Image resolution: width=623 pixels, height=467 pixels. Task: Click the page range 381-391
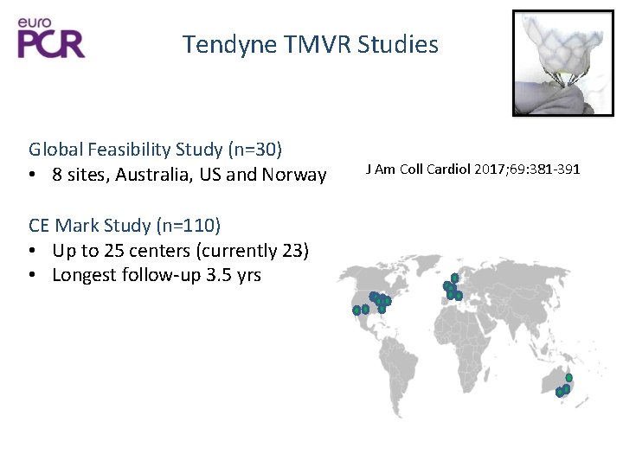(x=555, y=168)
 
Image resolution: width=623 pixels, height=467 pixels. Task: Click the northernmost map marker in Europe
(x=454, y=278)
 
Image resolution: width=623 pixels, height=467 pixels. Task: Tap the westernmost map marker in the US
(x=356, y=310)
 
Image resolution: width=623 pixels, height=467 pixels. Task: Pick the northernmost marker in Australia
(x=568, y=377)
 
